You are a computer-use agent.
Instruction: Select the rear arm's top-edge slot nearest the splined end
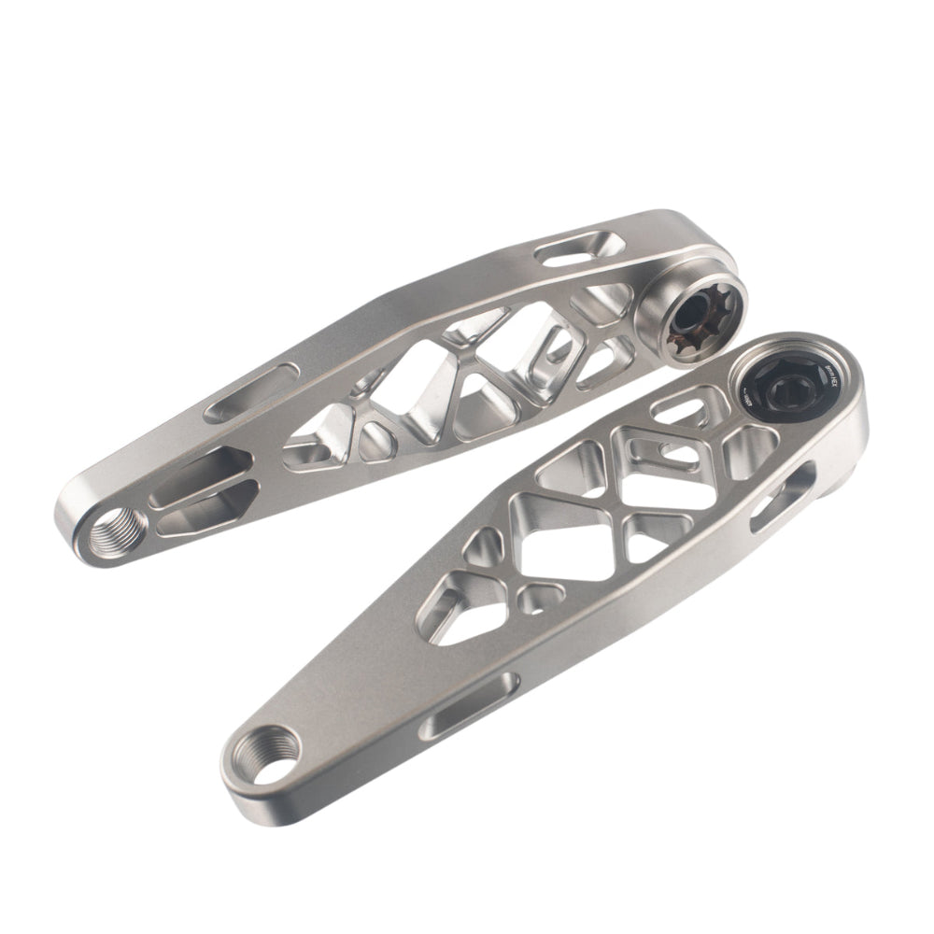pos(581,251)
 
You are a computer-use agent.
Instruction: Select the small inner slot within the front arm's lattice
pos(667,454)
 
